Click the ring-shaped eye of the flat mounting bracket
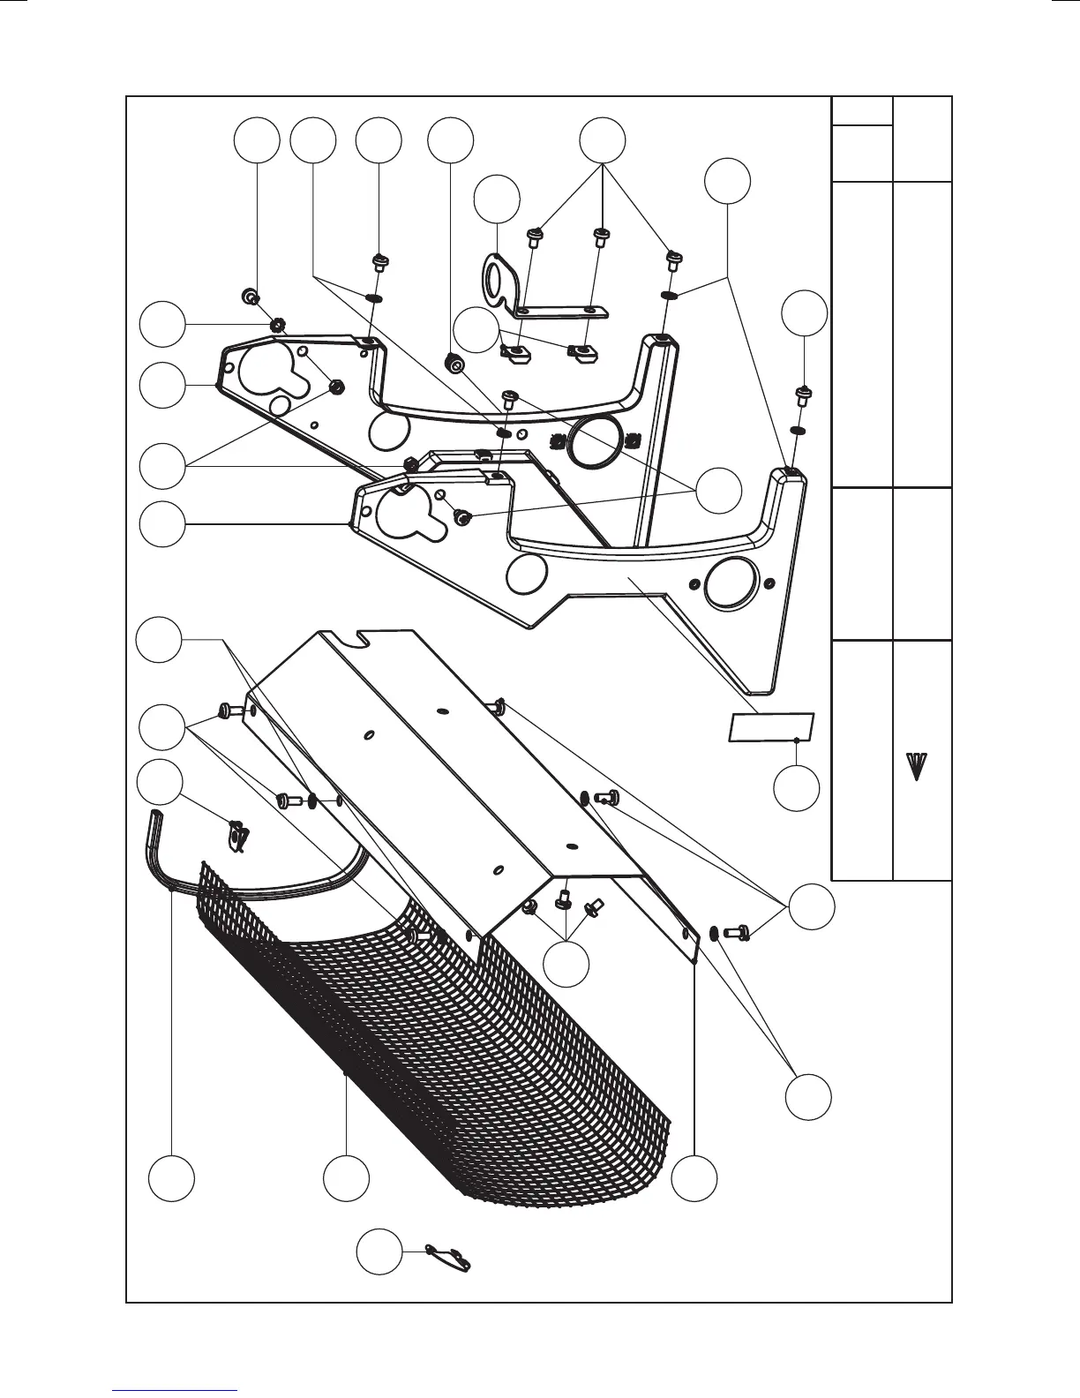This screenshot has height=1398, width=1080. click(x=491, y=275)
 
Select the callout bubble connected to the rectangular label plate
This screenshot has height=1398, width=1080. click(x=797, y=788)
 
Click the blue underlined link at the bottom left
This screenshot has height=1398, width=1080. click(x=176, y=1391)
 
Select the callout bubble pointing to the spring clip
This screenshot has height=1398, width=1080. click(x=163, y=782)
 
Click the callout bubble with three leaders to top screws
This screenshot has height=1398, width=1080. click(x=603, y=139)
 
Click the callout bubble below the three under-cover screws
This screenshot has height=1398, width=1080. click(x=566, y=964)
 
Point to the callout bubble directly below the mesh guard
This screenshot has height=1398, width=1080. click(x=346, y=1176)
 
